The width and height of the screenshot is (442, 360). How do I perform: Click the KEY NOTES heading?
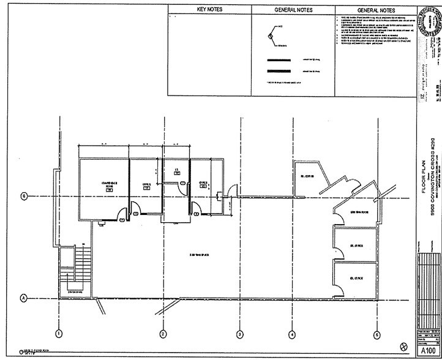coord(209,10)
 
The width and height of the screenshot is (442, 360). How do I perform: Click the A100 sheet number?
coord(428,352)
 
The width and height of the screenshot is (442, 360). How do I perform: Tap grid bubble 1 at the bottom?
coord(59,334)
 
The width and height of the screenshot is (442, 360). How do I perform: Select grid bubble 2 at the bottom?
coord(163,334)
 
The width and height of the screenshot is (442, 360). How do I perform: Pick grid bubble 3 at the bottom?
coord(239,334)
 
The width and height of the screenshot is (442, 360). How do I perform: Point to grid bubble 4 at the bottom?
coord(293,334)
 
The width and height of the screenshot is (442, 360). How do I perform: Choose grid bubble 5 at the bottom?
coord(377,334)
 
